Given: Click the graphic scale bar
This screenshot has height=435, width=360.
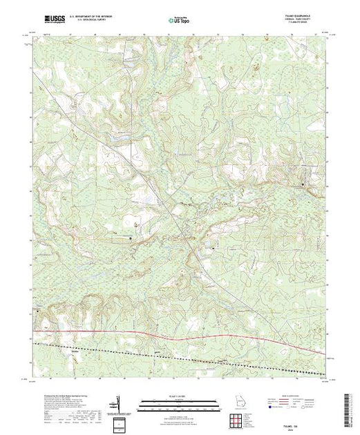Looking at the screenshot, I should point(179,402).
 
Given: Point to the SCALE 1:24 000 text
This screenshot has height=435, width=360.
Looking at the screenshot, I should point(179,395).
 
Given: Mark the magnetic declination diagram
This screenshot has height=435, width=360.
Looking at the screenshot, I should point(118,403).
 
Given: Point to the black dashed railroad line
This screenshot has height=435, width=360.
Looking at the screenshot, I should point(180,351).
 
